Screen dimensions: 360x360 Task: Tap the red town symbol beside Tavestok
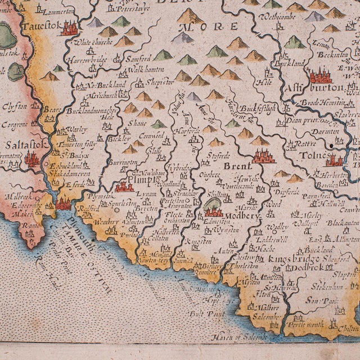[x=69, y=28]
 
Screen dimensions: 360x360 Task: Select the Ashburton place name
[x=324, y=88]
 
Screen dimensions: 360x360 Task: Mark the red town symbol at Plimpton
[x=124, y=187]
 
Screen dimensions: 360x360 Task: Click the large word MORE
[x=216, y=26]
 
